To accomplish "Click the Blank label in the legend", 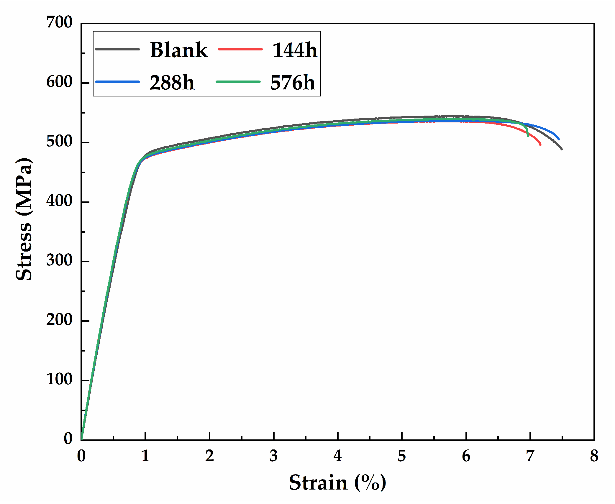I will [x=179, y=50].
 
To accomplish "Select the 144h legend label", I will [x=294, y=50].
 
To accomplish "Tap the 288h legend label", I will [x=172, y=82].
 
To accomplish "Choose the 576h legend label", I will [x=293, y=82].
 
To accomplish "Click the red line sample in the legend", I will [x=240, y=49].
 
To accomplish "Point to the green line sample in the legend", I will [x=238, y=82].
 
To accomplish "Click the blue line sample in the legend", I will [x=117, y=82].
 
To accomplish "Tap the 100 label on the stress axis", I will [x=59, y=379].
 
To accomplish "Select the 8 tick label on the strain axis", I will [x=594, y=456].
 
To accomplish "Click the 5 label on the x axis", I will [x=402, y=456].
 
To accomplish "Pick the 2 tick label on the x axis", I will [x=209, y=456].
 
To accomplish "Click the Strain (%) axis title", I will [x=337, y=483].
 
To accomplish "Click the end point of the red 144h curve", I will [x=540, y=145].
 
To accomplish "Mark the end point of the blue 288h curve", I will [x=559, y=139].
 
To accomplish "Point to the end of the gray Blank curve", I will [x=562, y=149].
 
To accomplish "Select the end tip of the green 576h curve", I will [x=528, y=136].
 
